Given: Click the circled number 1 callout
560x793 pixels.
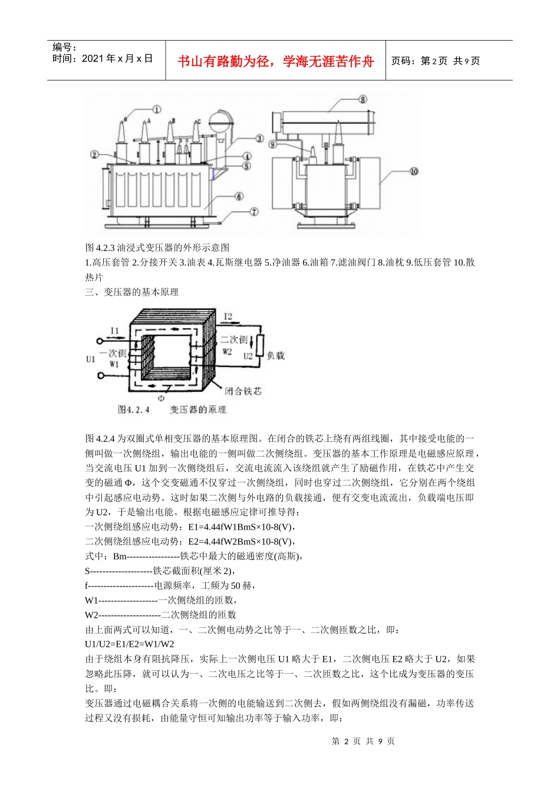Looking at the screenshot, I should coord(156,109).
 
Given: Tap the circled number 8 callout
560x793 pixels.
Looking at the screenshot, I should coord(363,99).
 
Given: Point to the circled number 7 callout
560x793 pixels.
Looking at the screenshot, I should coord(254,212).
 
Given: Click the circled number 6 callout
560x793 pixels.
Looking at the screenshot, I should coord(239,196).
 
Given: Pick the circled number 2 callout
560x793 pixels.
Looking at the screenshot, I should coord(94,155).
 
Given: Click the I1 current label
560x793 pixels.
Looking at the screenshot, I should coord(115,330).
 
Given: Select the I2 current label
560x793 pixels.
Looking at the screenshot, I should coord(228,317).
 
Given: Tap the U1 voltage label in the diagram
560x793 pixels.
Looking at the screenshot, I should coord(91,358).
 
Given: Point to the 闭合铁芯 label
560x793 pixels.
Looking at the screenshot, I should coord(243,391).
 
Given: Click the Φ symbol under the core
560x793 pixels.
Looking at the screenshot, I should coord(161,398).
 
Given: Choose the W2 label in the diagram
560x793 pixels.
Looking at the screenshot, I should coord(228,351).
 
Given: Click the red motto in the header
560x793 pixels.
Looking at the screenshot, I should coord(276,61).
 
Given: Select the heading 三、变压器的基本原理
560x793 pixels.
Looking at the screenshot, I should coord(131,292).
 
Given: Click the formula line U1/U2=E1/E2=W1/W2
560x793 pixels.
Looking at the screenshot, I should coord(130,644).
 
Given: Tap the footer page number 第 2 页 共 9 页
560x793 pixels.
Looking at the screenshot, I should coord(363,741).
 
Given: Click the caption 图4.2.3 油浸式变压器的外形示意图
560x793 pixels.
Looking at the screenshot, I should coord(157,248).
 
